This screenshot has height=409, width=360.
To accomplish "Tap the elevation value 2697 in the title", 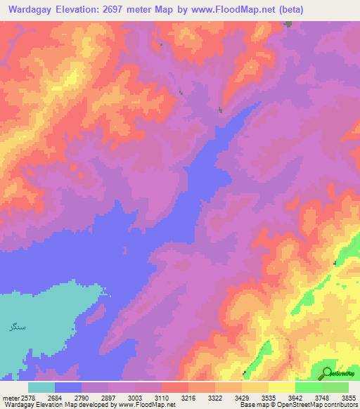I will (x=137, y=10).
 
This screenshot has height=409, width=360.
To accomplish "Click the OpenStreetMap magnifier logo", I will (x=328, y=373).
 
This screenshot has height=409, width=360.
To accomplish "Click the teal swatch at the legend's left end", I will (x=41, y=387).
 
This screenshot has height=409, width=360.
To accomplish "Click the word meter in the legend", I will (x=12, y=398).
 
